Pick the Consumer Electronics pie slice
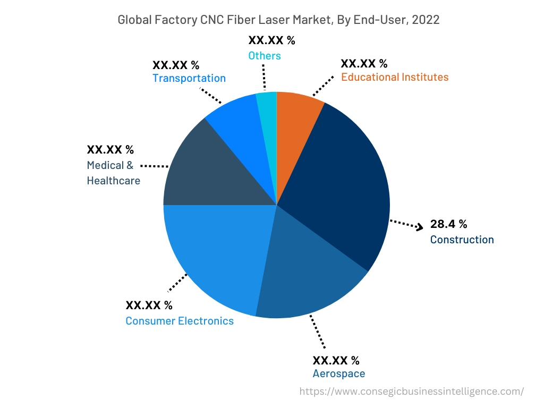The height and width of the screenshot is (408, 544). [x=212, y=255]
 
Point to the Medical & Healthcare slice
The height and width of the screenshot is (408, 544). [x=202, y=170]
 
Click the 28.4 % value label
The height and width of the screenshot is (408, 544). [x=448, y=224]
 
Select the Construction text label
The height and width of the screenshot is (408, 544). [x=462, y=240]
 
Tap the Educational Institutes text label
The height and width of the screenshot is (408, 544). [x=394, y=77]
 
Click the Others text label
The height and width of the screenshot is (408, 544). [x=264, y=55]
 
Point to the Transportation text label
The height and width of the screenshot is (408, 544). [x=189, y=78]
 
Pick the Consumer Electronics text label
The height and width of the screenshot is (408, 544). [x=179, y=321]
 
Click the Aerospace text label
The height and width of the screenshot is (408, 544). [x=338, y=373]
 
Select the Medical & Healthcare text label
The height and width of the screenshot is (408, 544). [x=113, y=173]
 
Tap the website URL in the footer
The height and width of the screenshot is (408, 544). [x=411, y=392]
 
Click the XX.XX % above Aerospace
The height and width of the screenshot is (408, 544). [x=336, y=360]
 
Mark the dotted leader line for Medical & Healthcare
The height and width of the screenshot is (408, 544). [x=155, y=166]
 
